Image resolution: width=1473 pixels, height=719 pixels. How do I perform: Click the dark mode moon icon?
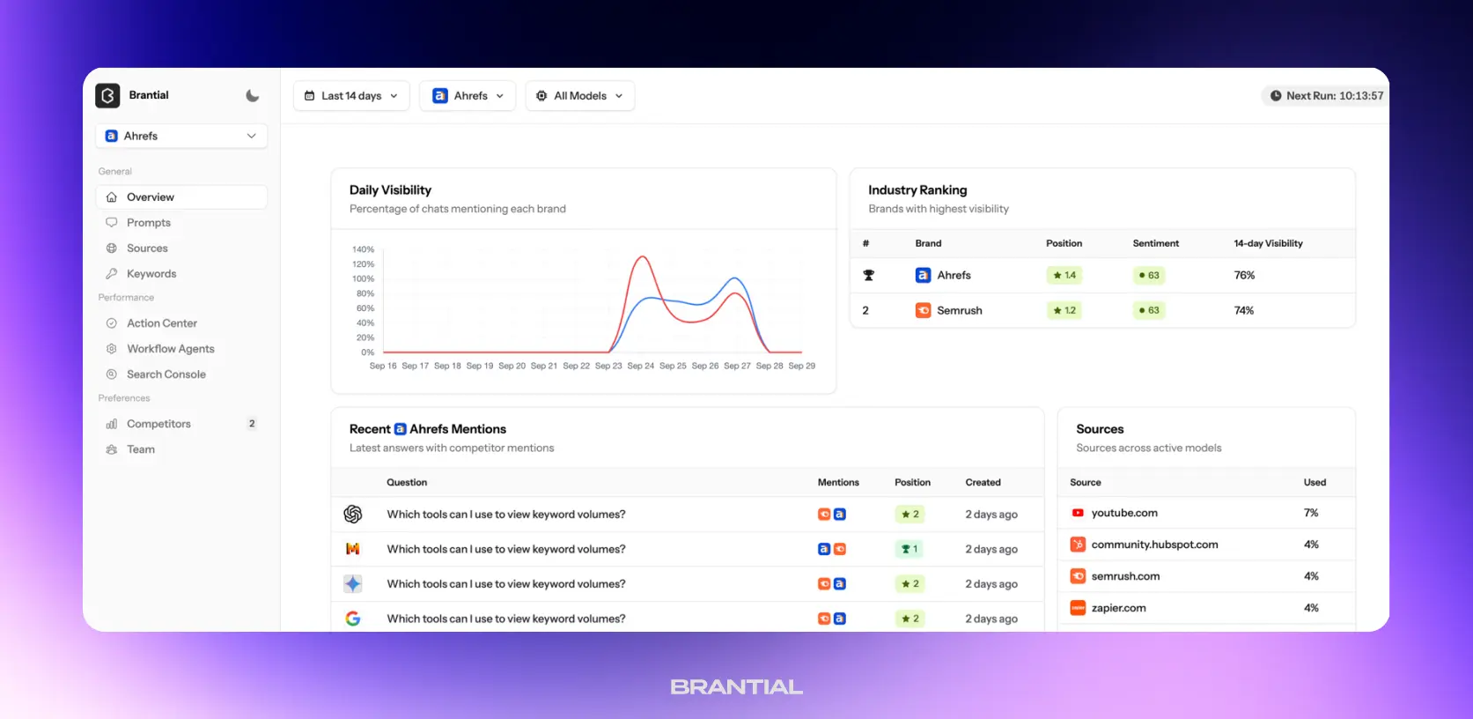click(253, 96)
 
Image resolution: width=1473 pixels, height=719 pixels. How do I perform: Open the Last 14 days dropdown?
click(351, 96)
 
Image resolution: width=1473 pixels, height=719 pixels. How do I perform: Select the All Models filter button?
click(579, 96)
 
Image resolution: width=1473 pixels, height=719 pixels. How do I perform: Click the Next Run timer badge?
click(1325, 96)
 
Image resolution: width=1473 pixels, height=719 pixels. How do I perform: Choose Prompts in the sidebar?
click(148, 223)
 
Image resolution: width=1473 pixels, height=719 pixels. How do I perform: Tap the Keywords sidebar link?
click(151, 274)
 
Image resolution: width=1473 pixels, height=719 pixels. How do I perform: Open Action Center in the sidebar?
click(161, 323)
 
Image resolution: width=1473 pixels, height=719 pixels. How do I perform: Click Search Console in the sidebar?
click(166, 374)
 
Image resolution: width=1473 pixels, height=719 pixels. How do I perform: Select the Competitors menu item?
click(158, 424)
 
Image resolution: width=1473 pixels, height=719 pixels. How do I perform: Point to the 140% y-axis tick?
click(363, 249)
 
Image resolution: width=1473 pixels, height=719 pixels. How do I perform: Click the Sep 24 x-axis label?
click(640, 366)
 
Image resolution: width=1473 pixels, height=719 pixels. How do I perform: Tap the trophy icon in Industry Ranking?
click(868, 275)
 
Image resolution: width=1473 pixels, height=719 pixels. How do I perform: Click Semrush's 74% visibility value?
click(1243, 310)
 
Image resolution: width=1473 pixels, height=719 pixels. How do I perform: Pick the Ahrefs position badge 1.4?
click(1064, 275)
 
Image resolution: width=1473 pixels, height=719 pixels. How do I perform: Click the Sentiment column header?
click(1155, 243)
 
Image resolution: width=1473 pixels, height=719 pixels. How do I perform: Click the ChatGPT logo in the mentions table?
click(353, 514)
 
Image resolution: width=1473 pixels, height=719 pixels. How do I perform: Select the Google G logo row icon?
click(353, 619)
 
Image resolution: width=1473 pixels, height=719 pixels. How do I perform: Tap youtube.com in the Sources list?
click(1123, 513)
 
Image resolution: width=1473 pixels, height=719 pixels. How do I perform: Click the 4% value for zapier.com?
click(1311, 608)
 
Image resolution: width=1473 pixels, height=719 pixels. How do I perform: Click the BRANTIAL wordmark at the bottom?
click(736, 687)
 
